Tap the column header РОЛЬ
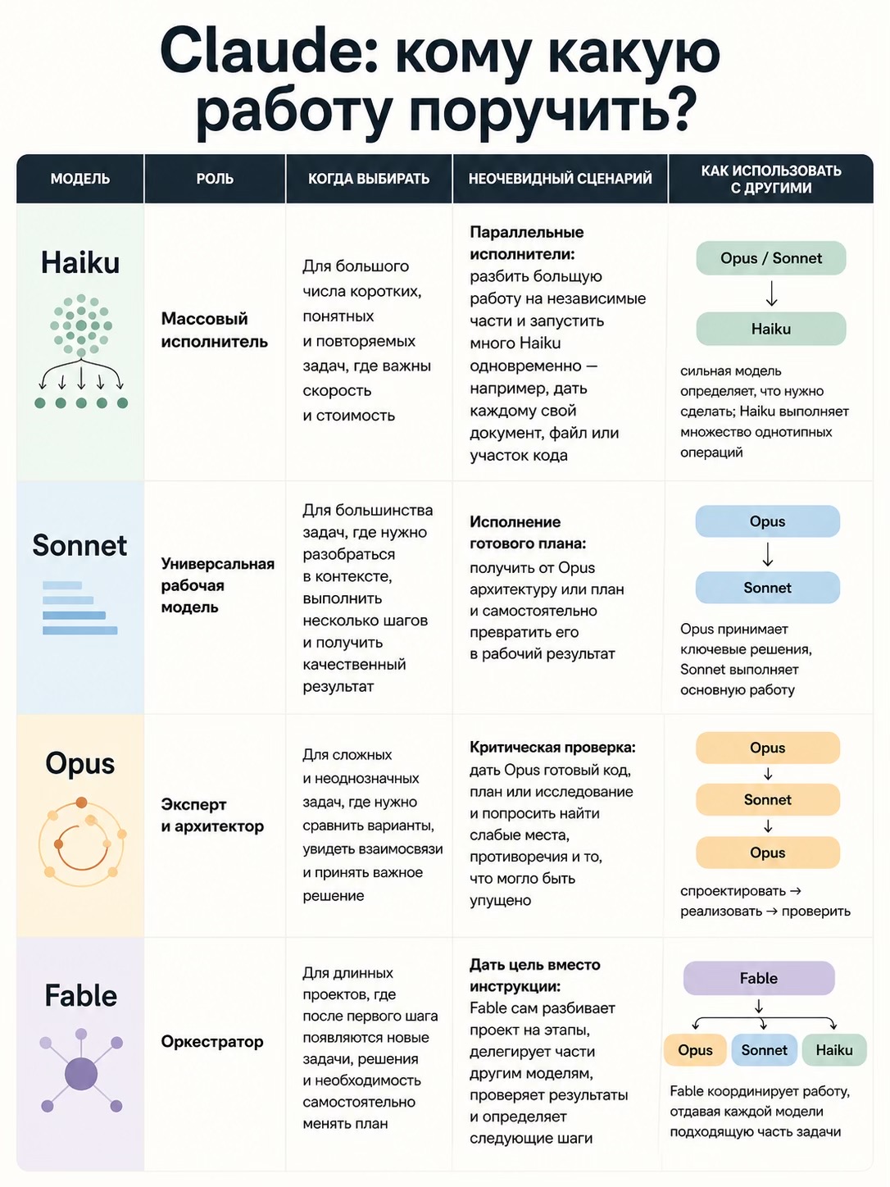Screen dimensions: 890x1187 click(x=215, y=179)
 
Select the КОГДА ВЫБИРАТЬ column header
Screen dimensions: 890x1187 click(x=369, y=179)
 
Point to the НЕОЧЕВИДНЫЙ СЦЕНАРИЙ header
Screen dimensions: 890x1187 click(x=560, y=179)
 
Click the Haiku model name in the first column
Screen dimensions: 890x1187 click(x=80, y=263)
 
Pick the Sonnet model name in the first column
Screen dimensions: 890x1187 click(x=79, y=545)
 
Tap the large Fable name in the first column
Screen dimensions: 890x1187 click(x=80, y=995)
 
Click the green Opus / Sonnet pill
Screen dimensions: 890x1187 click(x=770, y=258)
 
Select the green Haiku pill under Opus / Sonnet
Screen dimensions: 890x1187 click(x=770, y=329)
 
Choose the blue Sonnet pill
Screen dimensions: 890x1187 click(x=767, y=588)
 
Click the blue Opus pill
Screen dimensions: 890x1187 click(x=767, y=521)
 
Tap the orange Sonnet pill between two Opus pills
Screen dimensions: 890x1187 click(x=767, y=800)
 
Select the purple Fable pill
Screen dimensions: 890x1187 click(x=759, y=978)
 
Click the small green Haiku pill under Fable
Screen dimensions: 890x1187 click(x=834, y=1049)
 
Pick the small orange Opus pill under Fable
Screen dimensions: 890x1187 click(x=695, y=1049)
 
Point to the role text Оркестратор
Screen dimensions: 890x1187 click(x=211, y=1042)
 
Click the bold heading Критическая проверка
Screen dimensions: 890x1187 click(x=552, y=748)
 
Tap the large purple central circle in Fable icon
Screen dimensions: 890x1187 click(x=81, y=1075)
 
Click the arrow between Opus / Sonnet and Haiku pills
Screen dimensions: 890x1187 click(x=772, y=293)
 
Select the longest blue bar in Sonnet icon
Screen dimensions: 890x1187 click(x=80, y=630)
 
